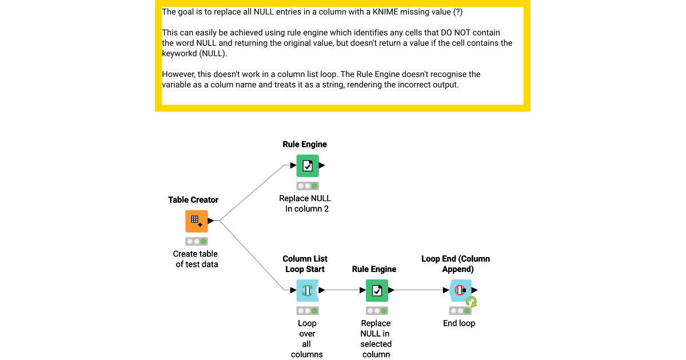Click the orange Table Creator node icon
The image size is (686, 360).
click(196, 221)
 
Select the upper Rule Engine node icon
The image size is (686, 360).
click(308, 166)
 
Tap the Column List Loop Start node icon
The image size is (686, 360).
click(308, 291)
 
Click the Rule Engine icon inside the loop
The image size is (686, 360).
click(377, 291)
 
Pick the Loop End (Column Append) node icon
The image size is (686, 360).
click(460, 291)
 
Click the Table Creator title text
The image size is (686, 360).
click(193, 200)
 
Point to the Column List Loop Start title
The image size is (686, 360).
click(305, 264)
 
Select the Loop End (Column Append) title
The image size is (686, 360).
click(456, 264)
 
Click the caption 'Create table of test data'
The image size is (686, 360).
click(196, 259)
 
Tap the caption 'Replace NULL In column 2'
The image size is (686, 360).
click(305, 203)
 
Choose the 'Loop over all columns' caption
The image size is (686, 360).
click(307, 339)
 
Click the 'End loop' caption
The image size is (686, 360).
click(459, 323)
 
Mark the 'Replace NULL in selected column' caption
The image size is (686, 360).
click(376, 339)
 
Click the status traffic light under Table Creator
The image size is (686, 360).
click(196, 242)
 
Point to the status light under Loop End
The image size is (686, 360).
click(460, 311)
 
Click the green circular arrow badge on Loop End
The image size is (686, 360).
click(471, 302)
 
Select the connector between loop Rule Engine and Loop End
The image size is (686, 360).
click(420, 290)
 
